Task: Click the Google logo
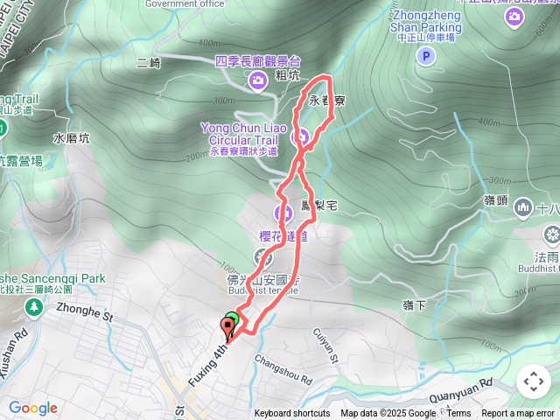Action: [x=33, y=408]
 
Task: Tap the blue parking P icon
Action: [x=425, y=57]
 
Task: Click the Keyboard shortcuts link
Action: [x=292, y=414]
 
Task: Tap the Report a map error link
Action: [x=519, y=414]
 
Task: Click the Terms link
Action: [x=458, y=414]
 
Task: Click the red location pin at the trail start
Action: [x=228, y=329]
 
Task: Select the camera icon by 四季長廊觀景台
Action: [x=257, y=81]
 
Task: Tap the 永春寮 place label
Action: [x=326, y=101]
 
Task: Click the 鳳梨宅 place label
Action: [x=318, y=206]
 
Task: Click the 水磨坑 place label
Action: [x=72, y=138]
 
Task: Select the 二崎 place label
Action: [x=150, y=62]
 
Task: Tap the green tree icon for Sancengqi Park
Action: [x=33, y=307]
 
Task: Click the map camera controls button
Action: [x=533, y=381]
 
